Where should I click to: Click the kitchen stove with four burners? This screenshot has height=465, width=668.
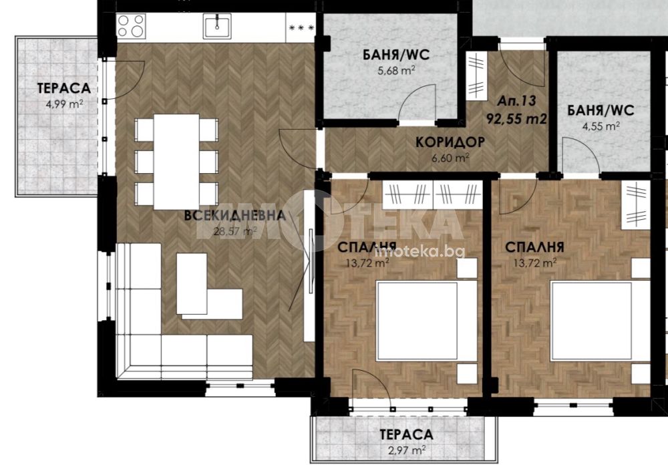[131, 26]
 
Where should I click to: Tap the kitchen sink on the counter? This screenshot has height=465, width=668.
[217, 26]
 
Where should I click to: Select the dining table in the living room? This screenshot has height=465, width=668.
[176, 162]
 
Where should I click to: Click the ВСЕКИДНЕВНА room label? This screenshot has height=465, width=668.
[234, 215]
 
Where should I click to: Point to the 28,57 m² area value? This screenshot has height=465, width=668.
[234, 231]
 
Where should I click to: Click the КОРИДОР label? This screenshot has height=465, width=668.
[450, 142]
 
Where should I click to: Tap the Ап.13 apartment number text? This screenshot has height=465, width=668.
[517, 101]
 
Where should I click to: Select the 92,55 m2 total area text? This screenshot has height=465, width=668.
[516, 118]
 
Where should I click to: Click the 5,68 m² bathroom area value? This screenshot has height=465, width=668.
[396, 70]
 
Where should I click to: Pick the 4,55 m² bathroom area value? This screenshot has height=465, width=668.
[601, 126]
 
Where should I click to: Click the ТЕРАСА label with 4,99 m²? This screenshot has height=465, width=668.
[64, 88]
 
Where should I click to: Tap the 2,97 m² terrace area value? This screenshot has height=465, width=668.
[406, 450]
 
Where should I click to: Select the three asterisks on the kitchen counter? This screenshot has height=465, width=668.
[302, 28]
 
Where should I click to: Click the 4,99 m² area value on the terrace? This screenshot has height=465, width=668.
[64, 104]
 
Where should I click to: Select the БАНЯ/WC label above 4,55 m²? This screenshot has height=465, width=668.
[601, 110]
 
